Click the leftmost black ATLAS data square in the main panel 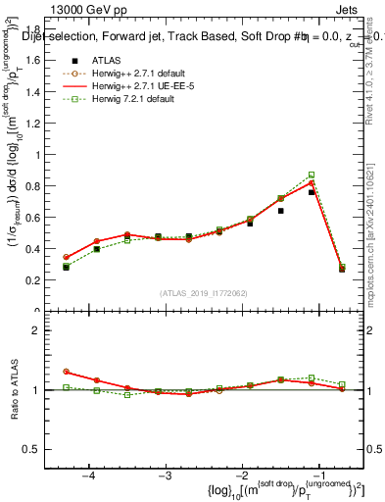pos(66,267)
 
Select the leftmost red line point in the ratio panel pos(66,372)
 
